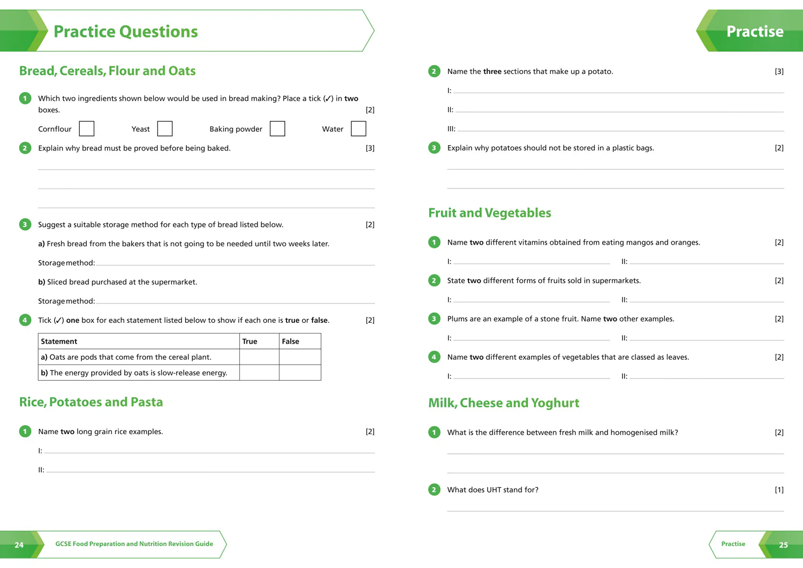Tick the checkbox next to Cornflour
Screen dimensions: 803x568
[86, 128]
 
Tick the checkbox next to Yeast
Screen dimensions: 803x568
[164, 128]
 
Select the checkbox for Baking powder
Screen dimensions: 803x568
[277, 128]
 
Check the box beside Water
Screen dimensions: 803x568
[358, 128]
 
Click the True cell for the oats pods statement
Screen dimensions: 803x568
[259, 357]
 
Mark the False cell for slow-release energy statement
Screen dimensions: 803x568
[300, 373]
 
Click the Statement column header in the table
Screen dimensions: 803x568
[59, 342]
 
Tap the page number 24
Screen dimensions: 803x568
[19, 545]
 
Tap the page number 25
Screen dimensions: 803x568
[783, 545]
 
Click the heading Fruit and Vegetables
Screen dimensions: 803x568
[490, 213]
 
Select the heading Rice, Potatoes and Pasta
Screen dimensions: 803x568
[91, 402]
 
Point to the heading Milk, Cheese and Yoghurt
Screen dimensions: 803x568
[504, 403]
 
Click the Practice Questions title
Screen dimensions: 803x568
[125, 32]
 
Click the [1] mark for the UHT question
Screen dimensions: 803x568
[779, 490]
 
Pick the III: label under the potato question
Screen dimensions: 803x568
[451, 128]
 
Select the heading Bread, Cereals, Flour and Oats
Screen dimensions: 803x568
[107, 71]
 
